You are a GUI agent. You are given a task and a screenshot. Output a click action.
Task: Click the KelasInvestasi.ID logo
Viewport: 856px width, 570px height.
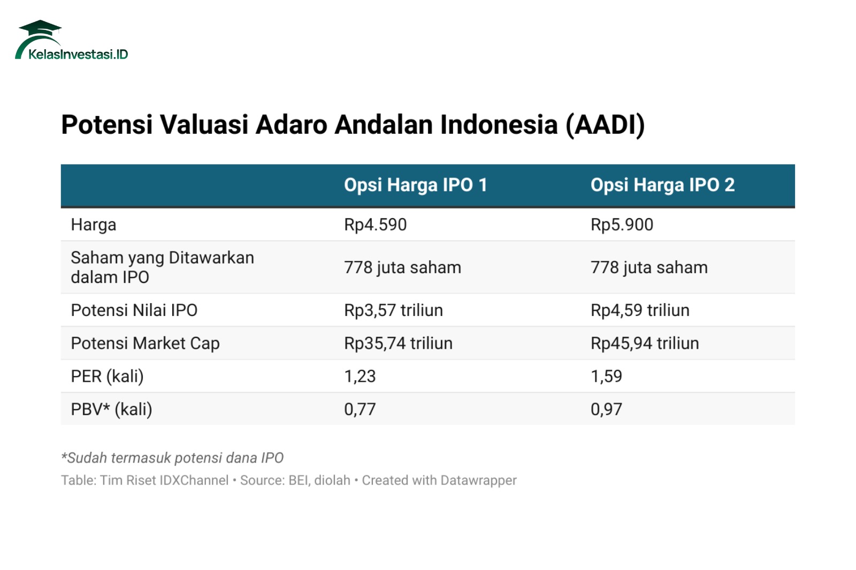[x=72, y=40]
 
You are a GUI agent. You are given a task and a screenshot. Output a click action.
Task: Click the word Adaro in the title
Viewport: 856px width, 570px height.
[x=291, y=125]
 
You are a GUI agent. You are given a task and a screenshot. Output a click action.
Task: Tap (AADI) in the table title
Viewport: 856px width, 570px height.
[x=605, y=125]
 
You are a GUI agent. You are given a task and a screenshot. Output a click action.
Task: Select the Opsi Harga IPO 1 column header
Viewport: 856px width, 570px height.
[x=415, y=185]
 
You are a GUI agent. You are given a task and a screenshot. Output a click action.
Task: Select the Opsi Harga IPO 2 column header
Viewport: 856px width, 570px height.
[x=663, y=185]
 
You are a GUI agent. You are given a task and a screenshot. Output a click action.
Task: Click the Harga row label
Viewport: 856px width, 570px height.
[x=94, y=225]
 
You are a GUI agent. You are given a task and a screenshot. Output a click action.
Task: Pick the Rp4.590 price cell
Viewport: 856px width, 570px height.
[x=375, y=225]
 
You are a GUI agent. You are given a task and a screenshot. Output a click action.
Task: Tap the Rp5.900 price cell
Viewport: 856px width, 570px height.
[x=622, y=225]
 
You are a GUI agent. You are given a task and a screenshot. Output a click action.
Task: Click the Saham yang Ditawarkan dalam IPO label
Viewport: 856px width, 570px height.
[x=163, y=267]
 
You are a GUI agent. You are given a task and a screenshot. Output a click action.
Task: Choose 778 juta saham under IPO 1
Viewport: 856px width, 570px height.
[x=403, y=267]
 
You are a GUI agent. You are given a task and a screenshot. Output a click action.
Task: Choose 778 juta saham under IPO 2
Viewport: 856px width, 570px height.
[x=649, y=267]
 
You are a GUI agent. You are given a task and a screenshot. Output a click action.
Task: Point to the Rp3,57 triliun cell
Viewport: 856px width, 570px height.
[x=394, y=310]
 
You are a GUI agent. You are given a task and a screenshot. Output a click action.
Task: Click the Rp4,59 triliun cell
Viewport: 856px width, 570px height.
[x=640, y=310]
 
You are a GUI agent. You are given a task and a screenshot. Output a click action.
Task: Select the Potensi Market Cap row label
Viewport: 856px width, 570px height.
[x=145, y=343]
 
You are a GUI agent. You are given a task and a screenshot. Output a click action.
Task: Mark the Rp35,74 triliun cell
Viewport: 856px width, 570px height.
[x=398, y=343]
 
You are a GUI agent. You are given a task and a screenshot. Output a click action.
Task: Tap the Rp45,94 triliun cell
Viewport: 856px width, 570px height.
[x=645, y=343]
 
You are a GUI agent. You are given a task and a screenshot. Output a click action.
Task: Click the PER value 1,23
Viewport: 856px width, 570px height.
[x=360, y=376]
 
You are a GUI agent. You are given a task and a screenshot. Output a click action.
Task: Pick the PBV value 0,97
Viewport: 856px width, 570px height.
[x=607, y=409]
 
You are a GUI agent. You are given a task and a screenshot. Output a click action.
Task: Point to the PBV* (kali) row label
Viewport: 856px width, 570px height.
[x=112, y=409]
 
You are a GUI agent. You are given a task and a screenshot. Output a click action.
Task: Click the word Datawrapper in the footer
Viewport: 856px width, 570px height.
[x=478, y=480]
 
